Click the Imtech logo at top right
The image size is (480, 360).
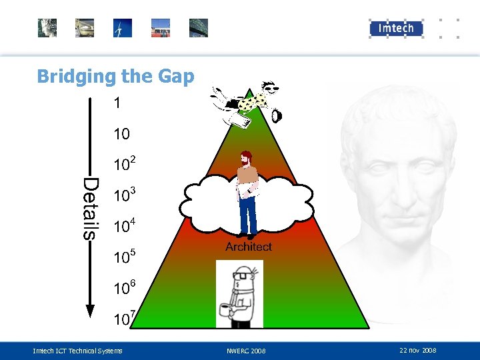point(396,28)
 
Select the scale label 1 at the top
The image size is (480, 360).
point(117,103)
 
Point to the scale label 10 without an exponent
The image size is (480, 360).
point(121,134)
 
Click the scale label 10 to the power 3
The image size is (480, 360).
point(124,195)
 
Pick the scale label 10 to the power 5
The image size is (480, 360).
point(124,256)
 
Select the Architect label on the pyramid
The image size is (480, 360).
point(249,247)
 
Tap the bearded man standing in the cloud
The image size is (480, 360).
point(248,193)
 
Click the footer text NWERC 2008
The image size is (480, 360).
point(246,351)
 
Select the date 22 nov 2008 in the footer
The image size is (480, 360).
point(418,350)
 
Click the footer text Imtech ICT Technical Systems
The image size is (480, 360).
point(78,351)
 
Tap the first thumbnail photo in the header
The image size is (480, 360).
point(47,28)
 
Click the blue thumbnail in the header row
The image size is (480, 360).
point(123,28)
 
